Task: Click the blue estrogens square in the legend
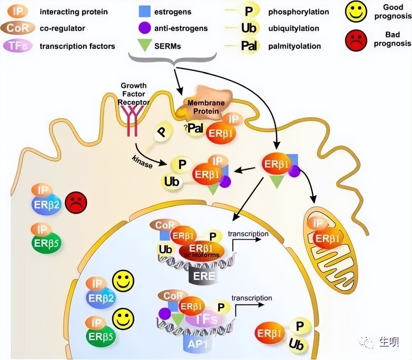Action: point(145,12)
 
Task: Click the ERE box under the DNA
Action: point(204,276)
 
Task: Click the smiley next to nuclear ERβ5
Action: point(123,319)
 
